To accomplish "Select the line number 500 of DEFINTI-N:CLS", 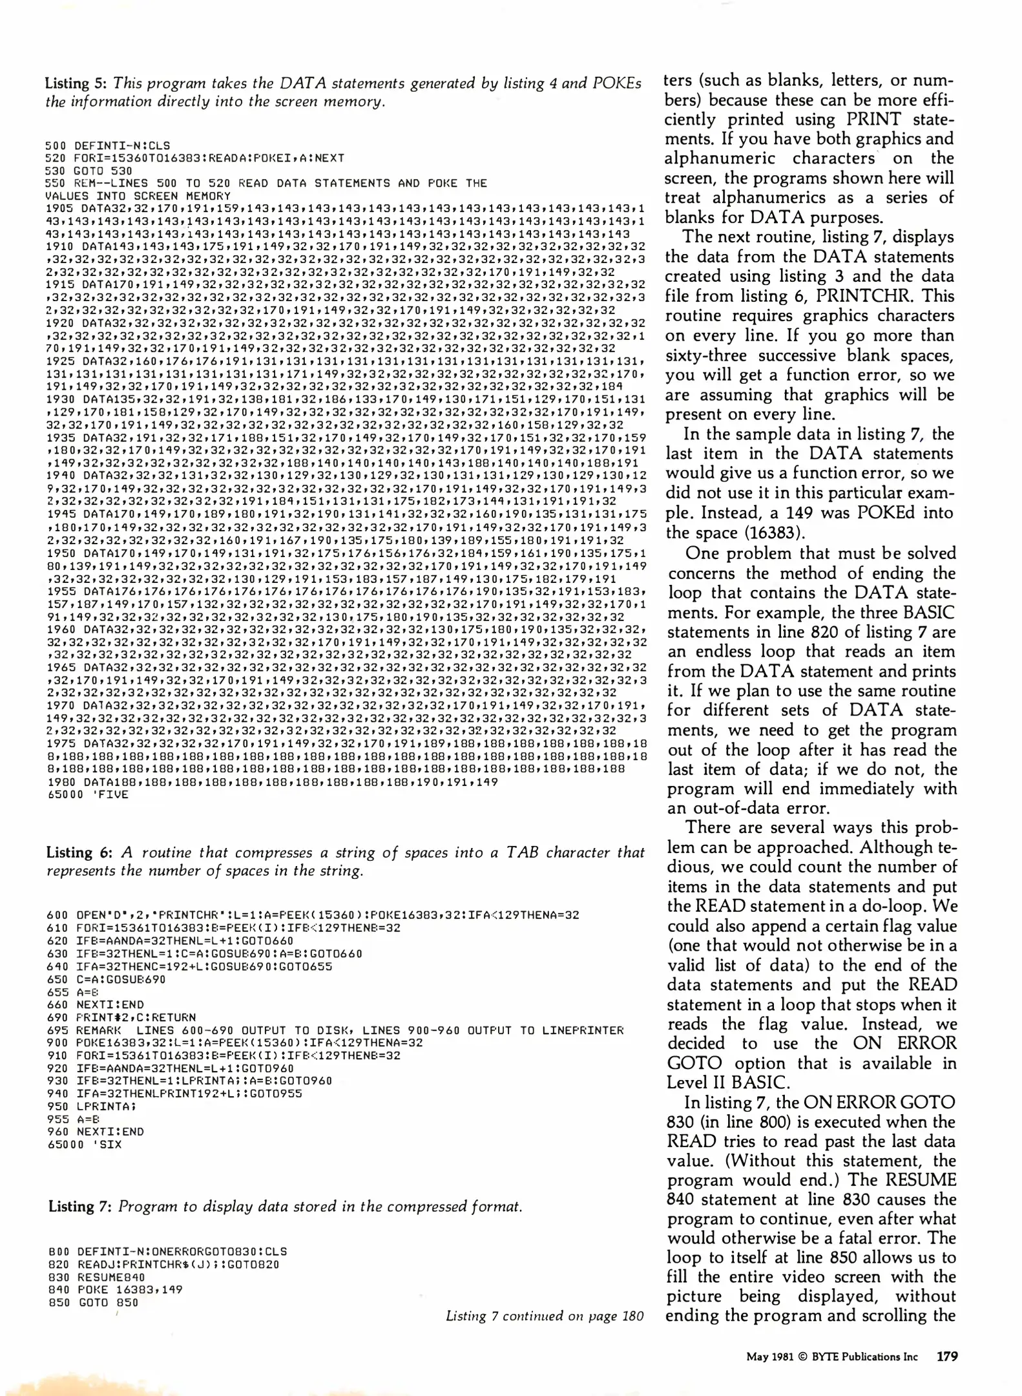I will coord(56,145).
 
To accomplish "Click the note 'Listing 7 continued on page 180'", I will coord(545,1316).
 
